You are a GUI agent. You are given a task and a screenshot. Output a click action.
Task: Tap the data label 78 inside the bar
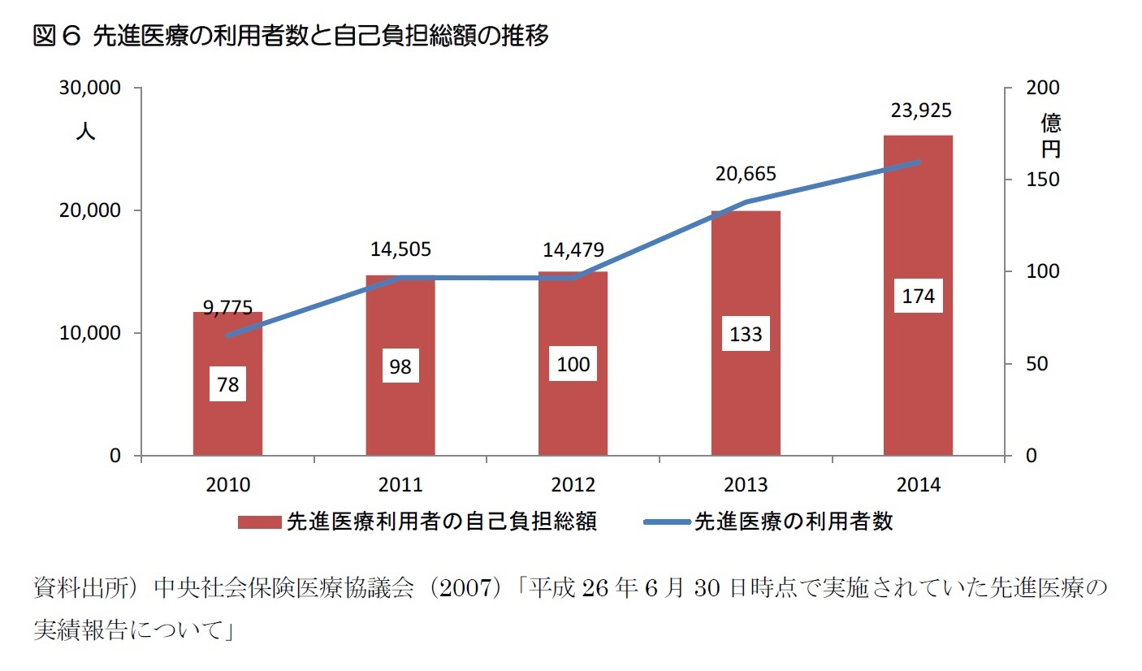coord(228,384)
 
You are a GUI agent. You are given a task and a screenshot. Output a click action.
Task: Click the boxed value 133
coord(746,335)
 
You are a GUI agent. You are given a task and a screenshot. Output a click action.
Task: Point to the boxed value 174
coord(919,297)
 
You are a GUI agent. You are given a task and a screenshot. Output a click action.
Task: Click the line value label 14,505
coord(400,249)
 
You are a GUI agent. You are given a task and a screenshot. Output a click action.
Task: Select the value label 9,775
coord(227,307)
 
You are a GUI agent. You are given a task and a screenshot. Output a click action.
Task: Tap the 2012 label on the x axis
coord(573,485)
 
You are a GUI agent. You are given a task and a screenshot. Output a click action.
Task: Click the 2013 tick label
coord(746,485)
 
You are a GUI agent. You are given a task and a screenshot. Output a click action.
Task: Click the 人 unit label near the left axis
coord(85,132)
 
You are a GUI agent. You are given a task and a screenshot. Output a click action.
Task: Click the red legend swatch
coord(259,522)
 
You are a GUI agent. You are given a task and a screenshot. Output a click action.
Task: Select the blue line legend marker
coord(666,522)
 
